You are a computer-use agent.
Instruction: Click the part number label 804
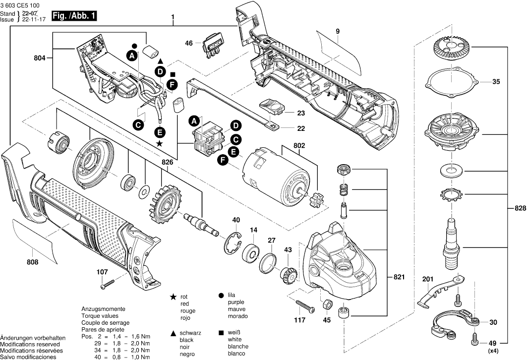pos(40,58)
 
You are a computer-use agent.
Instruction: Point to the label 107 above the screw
pos(102,271)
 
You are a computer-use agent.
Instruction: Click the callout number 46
pos(189,43)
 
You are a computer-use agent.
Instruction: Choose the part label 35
pos(496,82)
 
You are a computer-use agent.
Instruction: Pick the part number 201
pos(428,279)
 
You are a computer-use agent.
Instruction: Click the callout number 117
pos(299,320)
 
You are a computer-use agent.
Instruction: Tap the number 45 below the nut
pos(327,320)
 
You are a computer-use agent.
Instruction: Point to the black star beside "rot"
pos(173,296)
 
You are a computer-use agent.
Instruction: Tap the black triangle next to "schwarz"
pos(173,333)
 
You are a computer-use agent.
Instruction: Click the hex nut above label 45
pos(327,303)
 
